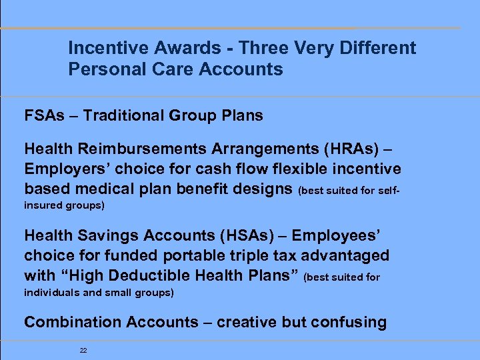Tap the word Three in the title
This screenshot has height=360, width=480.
(262, 48)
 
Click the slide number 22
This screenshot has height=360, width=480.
(83, 349)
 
